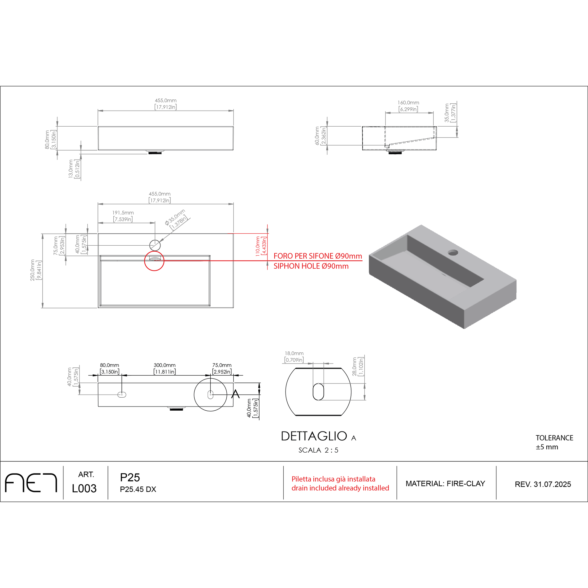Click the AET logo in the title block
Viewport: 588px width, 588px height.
click(x=31, y=483)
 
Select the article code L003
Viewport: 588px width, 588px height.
click(x=84, y=489)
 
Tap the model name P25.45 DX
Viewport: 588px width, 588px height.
click(x=138, y=489)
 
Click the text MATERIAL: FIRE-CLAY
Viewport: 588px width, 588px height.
click(x=445, y=484)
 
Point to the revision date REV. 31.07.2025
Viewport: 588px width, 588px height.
click(x=543, y=484)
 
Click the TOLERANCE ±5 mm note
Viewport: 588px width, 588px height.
click(x=554, y=443)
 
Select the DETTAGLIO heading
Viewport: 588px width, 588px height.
click(x=314, y=436)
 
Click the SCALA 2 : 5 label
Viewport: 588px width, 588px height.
click(x=318, y=450)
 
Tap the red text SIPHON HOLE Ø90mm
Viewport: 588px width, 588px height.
click(x=311, y=266)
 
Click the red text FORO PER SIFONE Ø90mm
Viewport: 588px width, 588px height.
click(x=318, y=256)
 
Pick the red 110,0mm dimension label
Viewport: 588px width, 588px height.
click(x=260, y=246)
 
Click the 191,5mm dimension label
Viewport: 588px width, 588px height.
click(x=123, y=216)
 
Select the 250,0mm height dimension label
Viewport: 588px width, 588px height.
click(x=36, y=270)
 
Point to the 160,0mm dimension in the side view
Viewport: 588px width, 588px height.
click(x=408, y=106)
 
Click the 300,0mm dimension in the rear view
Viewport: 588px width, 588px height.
click(x=165, y=368)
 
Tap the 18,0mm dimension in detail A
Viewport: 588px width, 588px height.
click(x=294, y=356)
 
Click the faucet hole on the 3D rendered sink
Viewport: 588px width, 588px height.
click(x=453, y=252)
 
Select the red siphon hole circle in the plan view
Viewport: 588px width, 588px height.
click(x=154, y=261)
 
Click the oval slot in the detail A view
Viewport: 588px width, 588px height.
click(x=318, y=392)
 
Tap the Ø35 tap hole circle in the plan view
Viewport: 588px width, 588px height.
click(x=155, y=245)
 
